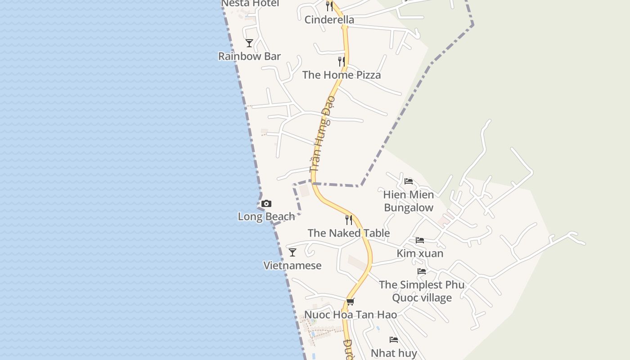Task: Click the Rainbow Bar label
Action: coord(249,56)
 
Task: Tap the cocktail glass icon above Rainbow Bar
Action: coord(249,43)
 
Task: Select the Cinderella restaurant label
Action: coord(329,20)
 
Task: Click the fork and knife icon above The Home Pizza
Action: coord(342,62)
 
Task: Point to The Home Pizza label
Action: coord(342,75)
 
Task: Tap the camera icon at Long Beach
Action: coord(266,204)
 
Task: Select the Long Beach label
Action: coord(266,216)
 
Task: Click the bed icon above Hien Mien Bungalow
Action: coord(409,181)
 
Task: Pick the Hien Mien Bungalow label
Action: coord(409,201)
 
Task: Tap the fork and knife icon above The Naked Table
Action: coord(349,220)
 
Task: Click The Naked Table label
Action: coord(349,233)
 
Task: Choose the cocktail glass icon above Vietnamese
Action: coord(292,252)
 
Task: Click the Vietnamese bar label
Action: coord(292,265)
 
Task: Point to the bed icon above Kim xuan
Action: coord(420,240)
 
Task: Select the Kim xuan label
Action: coord(420,253)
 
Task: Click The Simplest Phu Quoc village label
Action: coord(422,291)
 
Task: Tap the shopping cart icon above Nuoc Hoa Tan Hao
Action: coord(351,302)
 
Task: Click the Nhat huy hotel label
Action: coord(394,353)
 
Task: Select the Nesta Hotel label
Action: coord(250,4)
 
